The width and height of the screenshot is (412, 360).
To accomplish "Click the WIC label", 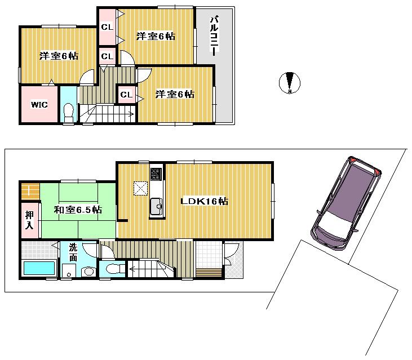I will pos(39,105).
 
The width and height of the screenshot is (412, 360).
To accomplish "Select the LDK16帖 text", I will pos(204,201).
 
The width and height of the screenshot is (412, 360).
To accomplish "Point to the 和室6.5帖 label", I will pos(78,210).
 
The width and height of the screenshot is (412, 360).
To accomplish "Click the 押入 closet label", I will pos(29,219).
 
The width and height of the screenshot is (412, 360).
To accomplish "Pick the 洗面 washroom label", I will pos(73,251).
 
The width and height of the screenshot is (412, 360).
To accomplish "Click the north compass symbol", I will pos(290,83).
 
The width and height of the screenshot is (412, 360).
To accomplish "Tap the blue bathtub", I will pos(39,268).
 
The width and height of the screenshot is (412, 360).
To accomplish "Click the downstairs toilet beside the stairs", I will pos(110,269).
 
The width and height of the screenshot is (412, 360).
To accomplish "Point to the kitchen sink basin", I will pos(156,208).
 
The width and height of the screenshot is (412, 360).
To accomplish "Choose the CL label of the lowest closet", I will pos(126,95).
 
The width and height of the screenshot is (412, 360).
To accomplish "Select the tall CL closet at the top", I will pos(107,26).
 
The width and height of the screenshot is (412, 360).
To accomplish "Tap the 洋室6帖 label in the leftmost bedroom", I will pos(59,56).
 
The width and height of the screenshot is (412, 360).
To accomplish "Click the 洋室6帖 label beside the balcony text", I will pos(156,37).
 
